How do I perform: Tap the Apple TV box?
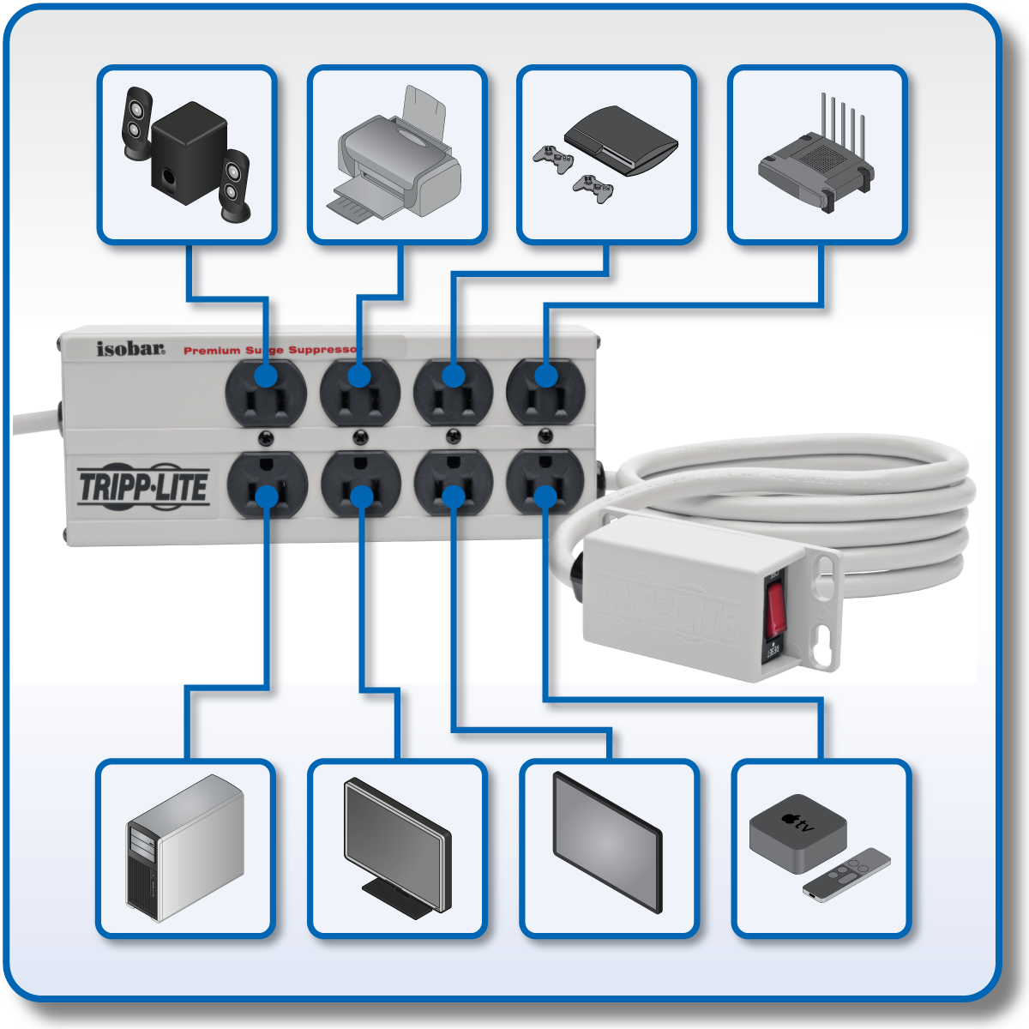(797, 828)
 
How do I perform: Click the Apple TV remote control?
(847, 874)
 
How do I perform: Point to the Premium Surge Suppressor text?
(270, 350)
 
